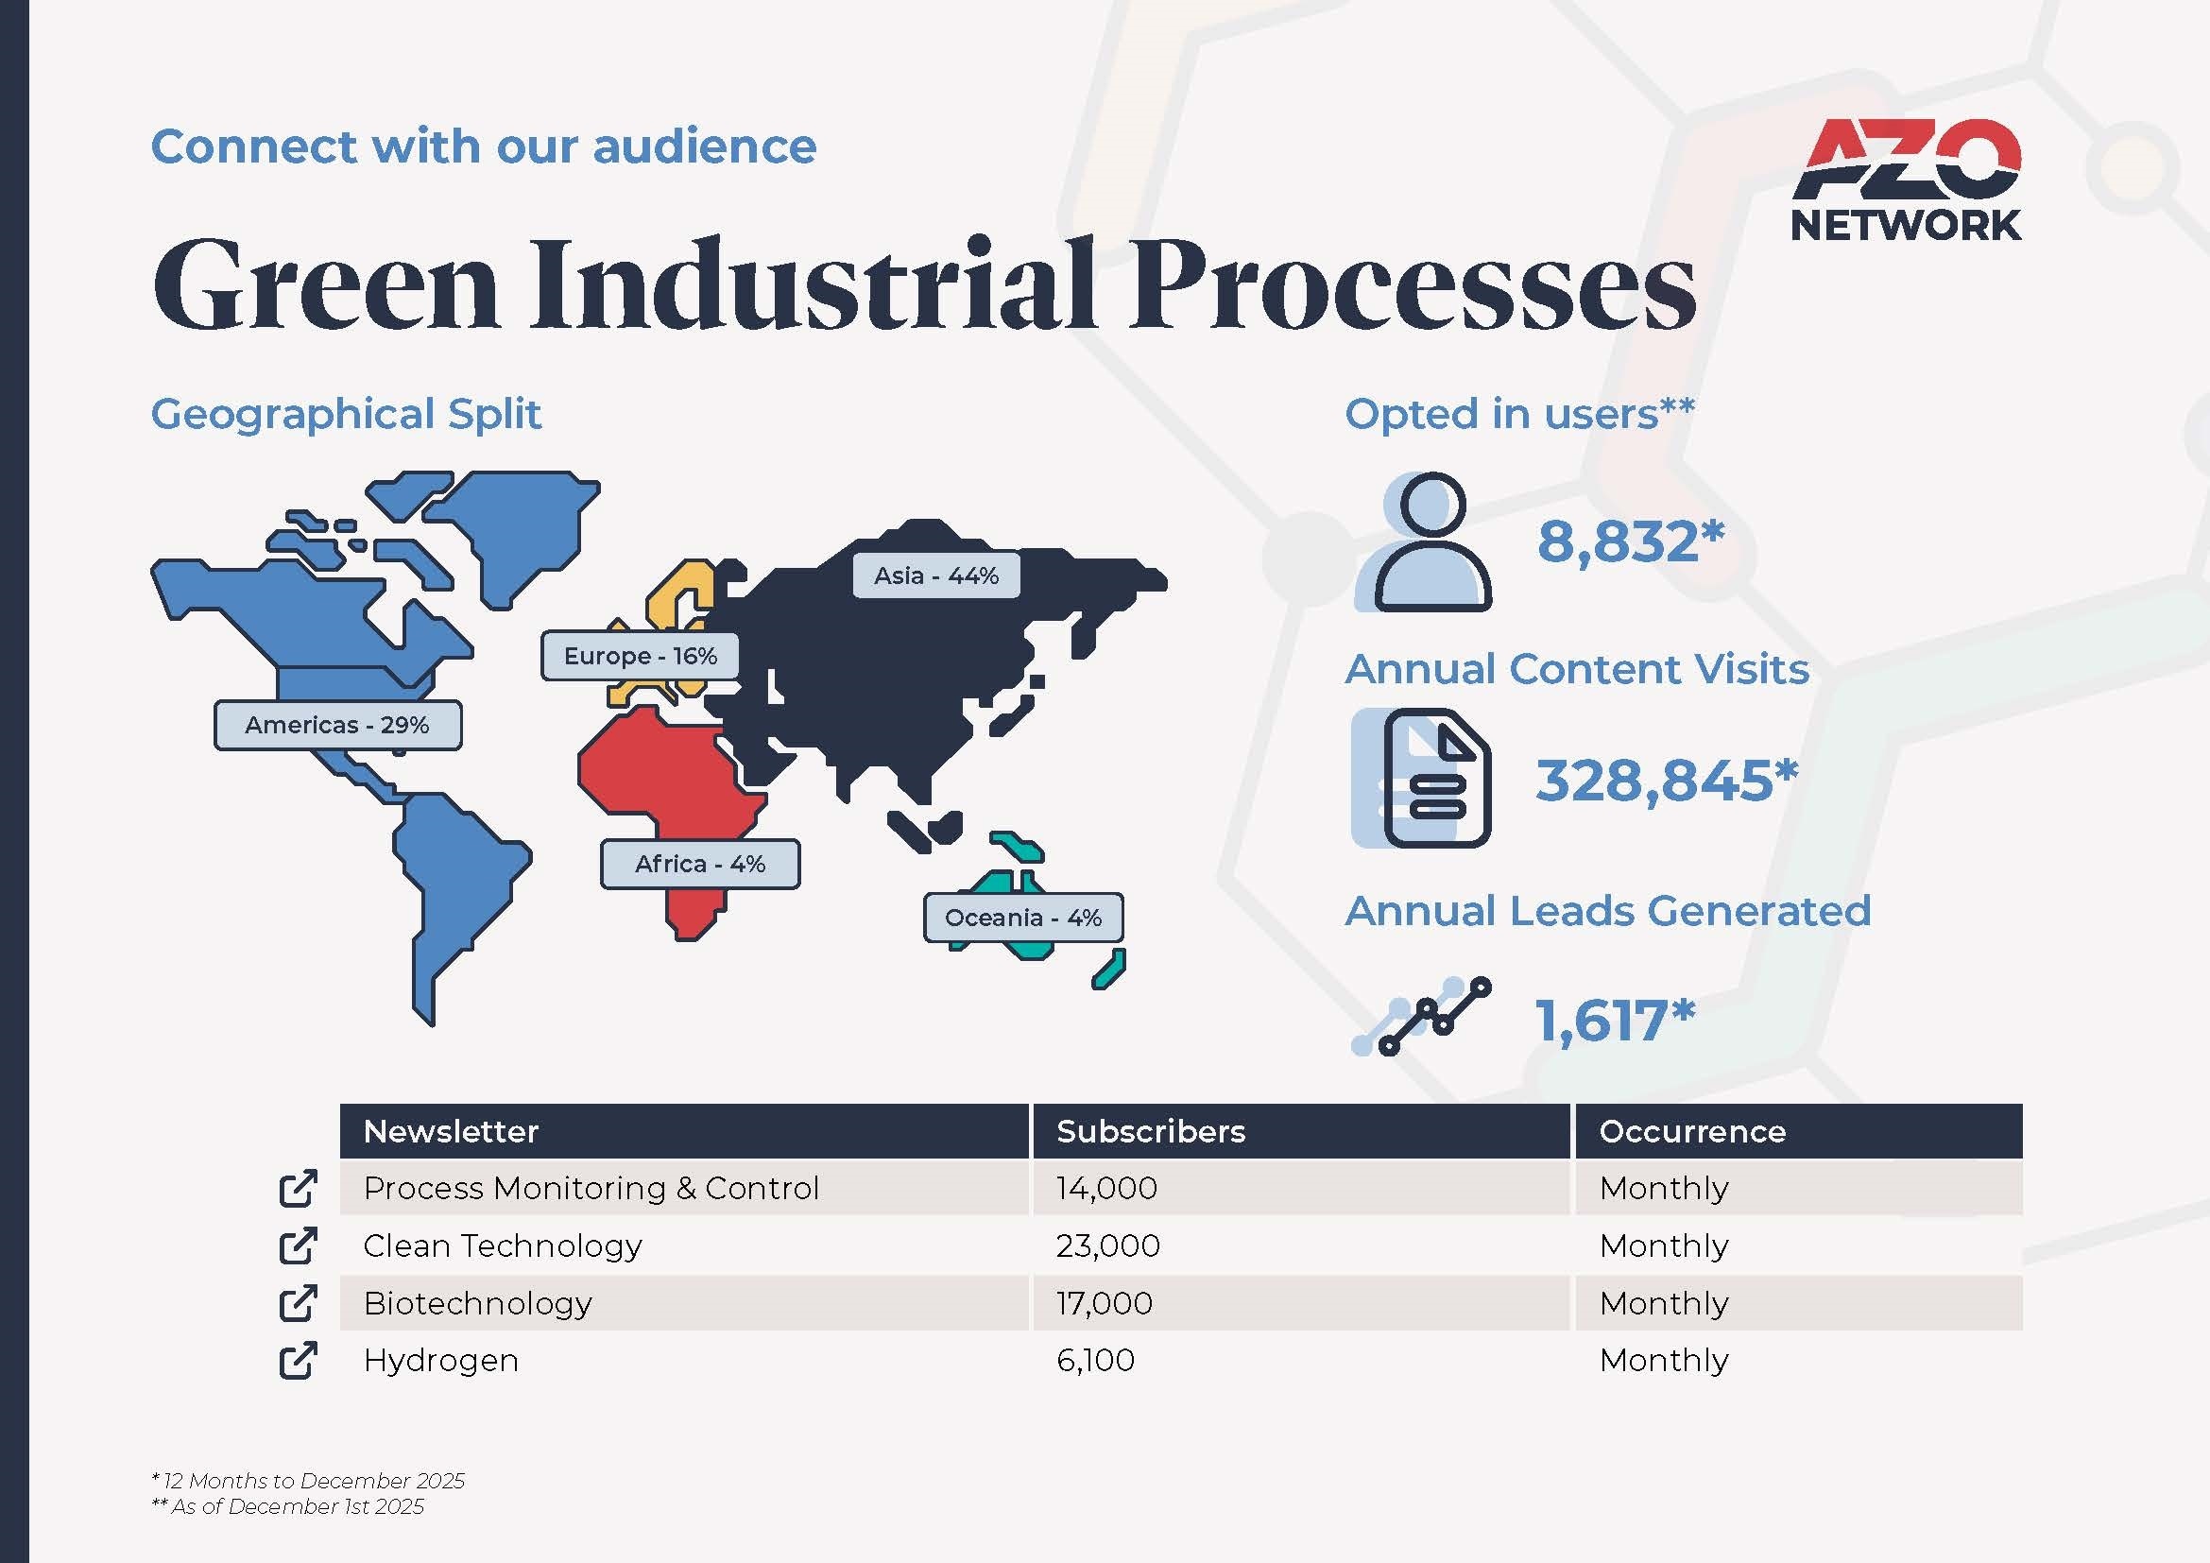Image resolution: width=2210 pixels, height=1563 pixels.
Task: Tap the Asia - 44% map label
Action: [935, 575]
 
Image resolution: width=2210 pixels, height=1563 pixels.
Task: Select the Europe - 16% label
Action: [640, 657]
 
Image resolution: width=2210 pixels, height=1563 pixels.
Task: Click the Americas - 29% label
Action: [337, 725]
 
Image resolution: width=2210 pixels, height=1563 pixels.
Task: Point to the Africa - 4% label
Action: [700, 865]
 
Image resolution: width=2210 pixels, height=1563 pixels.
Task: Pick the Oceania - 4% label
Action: [1023, 919]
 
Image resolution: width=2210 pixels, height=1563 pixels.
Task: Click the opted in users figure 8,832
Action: [1630, 541]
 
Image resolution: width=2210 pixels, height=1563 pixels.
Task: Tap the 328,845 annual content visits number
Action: [1666, 780]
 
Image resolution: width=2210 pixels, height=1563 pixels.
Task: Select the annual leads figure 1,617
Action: [1614, 1021]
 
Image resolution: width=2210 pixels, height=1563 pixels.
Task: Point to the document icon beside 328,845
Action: [1422, 778]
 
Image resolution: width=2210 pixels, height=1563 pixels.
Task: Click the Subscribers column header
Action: [1150, 1131]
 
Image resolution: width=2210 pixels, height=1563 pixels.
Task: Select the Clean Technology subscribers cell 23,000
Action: [1108, 1245]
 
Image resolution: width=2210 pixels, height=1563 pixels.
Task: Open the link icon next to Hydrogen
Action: [298, 1360]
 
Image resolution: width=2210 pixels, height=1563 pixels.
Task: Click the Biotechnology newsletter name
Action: [477, 1303]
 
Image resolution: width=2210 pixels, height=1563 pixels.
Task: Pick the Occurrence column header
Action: [1692, 1131]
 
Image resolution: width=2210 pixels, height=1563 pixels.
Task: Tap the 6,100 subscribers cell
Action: [1095, 1360]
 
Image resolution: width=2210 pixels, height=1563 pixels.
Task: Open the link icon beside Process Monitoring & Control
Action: [298, 1188]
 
